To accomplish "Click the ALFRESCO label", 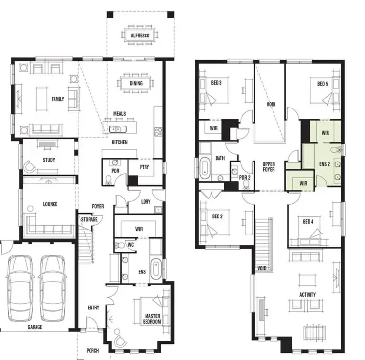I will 139,36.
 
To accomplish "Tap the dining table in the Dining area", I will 136,83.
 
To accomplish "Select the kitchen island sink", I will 116,129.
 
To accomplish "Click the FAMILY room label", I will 58,99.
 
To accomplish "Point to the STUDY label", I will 49,160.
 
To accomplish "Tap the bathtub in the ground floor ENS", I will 156,269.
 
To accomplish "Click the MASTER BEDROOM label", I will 152,319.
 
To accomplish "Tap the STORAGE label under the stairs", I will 90,220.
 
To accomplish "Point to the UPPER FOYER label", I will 269,167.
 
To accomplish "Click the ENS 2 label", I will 325,164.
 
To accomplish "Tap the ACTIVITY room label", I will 308,295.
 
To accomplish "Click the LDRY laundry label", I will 145,201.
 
